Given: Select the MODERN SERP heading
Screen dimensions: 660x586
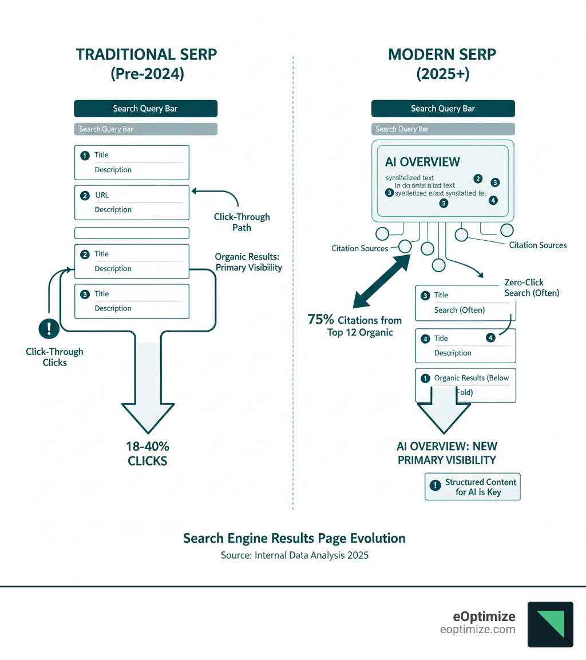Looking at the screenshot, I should (442, 55).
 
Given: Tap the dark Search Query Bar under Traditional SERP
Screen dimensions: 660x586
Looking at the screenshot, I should (145, 109).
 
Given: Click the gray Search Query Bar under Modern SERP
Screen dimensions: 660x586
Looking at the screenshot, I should (442, 129).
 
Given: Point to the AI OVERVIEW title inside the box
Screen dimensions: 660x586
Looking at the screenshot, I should (423, 162).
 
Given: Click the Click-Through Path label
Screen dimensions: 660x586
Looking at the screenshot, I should (241, 222).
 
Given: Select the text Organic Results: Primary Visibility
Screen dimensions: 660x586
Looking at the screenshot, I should (248, 262).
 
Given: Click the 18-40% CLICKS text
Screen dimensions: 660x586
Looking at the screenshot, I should (148, 452).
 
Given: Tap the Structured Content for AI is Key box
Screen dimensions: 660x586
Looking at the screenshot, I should (473, 487).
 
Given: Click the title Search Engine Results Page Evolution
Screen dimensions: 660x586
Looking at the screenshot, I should (294, 538).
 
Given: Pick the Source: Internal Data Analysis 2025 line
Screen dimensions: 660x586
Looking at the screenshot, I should (295, 555).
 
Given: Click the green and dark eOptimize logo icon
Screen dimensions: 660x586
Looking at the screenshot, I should (549, 624).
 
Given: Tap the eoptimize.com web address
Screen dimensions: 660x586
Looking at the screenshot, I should (477, 630).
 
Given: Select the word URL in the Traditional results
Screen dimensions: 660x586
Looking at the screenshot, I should (102, 195).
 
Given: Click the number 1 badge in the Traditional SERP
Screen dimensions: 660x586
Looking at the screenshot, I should (85, 155).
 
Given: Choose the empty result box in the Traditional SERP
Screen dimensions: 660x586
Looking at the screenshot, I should (132, 233).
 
